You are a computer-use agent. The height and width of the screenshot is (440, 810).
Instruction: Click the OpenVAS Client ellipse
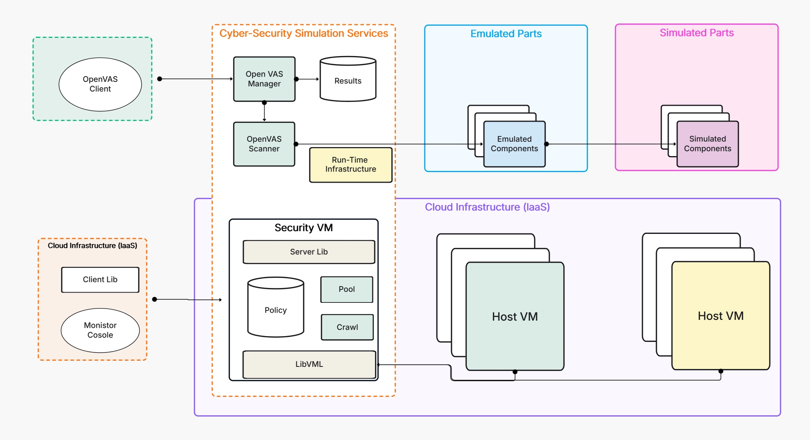click(x=100, y=84)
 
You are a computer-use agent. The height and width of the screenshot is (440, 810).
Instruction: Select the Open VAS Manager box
click(x=264, y=79)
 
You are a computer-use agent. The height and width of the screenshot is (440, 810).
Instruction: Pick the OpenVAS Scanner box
click(x=264, y=144)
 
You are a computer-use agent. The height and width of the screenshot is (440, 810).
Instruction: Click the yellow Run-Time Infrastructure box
click(x=350, y=165)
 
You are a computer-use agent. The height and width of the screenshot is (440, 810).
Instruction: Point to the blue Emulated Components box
click(x=514, y=144)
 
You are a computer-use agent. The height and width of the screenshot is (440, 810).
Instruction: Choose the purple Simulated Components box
click(x=707, y=144)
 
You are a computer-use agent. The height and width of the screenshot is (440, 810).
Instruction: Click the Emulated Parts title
click(x=506, y=34)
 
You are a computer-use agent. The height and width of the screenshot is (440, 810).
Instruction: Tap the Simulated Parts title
click(x=696, y=33)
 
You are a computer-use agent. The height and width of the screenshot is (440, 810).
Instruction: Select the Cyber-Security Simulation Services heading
click(x=303, y=33)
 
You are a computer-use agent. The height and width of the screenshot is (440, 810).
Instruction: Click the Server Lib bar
click(x=309, y=252)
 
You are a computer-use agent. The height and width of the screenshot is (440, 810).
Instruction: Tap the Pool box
click(x=347, y=289)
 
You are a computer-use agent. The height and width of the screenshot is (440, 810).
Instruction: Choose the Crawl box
click(x=347, y=327)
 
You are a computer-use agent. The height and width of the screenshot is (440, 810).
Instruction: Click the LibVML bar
click(x=309, y=364)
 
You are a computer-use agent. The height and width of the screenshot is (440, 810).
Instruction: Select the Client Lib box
click(x=100, y=280)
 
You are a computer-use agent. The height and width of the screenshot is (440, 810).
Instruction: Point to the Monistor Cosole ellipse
click(x=100, y=330)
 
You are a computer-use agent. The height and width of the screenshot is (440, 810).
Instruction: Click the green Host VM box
click(x=515, y=316)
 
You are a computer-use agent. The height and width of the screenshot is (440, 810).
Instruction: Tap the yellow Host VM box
click(x=721, y=316)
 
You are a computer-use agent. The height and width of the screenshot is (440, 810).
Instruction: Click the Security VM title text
click(x=303, y=228)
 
